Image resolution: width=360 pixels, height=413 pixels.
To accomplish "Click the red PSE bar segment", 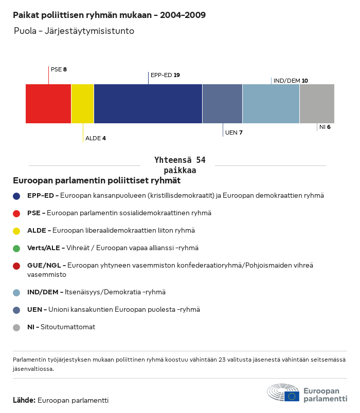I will (48, 104).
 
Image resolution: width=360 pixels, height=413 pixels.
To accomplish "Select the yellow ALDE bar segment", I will (82, 104).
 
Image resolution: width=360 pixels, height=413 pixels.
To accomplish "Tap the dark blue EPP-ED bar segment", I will (148, 104).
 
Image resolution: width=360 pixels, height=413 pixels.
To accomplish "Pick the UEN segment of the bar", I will (222, 104).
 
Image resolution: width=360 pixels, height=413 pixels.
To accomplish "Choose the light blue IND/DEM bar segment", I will (271, 104).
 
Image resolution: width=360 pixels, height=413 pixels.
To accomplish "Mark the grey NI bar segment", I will (317, 104).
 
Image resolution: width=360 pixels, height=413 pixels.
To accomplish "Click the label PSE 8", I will (59, 69).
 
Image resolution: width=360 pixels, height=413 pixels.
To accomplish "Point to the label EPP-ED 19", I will (165, 75).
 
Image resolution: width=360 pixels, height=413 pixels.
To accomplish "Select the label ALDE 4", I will (95, 138).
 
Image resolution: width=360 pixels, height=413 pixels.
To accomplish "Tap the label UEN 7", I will (233, 133).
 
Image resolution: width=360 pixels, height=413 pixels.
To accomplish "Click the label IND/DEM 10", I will (291, 81).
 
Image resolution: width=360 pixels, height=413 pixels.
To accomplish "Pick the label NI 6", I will (325, 127).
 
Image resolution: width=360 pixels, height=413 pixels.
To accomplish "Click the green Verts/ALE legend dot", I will (16, 248).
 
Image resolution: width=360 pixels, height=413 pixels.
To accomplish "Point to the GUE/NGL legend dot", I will (16, 266).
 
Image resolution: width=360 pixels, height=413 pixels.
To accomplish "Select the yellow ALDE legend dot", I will (16, 231).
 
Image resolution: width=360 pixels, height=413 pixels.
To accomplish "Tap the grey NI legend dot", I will (16, 327).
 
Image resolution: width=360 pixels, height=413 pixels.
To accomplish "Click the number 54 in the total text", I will (201, 160).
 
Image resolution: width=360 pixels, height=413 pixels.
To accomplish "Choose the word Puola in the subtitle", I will (24, 31).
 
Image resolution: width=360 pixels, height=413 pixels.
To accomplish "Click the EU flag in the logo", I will (292, 396).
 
